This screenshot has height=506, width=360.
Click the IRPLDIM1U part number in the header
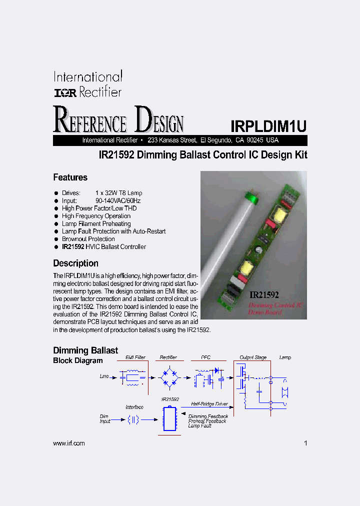268,125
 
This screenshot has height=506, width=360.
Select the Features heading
70,177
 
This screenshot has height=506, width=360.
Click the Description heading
75,263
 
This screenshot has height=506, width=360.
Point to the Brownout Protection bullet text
88,239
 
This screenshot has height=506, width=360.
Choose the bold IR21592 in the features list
73,246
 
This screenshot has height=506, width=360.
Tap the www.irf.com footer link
68,443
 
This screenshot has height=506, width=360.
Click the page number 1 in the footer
305,443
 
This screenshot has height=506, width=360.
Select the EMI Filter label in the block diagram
135,357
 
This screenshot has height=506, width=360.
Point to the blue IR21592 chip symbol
169,418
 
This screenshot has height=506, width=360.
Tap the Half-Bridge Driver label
209,403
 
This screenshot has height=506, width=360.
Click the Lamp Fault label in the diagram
200,426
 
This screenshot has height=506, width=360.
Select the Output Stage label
253,357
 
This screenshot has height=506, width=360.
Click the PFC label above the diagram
205,357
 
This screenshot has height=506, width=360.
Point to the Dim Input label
104,418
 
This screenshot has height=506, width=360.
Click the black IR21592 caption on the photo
264,295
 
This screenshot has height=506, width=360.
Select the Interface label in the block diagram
134,407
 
